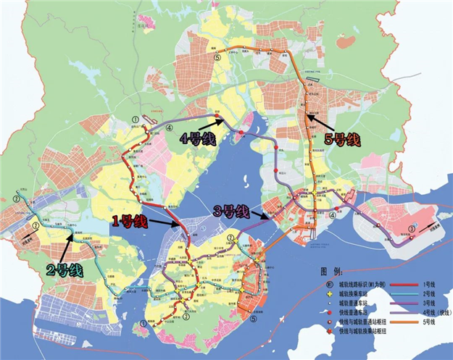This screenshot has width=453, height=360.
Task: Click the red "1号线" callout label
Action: pyautogui.click(x=130, y=222)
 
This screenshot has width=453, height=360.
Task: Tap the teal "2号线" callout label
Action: pyautogui.click(x=62, y=269)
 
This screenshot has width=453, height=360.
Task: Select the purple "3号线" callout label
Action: pyautogui.click(x=231, y=212)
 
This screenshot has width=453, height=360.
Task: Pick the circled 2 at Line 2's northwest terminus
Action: pyautogui.click(x=15, y=196)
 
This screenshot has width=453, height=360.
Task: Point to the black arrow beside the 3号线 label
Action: pyautogui.click(x=262, y=214)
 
